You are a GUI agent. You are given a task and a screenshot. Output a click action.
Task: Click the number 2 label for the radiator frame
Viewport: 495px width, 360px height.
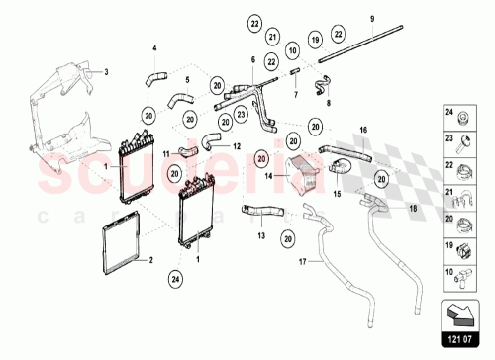point(150,261)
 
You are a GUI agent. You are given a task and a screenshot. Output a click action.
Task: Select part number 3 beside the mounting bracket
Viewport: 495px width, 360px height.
point(106,71)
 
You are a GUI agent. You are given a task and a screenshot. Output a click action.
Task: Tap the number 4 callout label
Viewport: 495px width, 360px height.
point(153,47)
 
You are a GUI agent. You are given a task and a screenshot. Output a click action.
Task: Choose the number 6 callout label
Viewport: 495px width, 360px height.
point(254,59)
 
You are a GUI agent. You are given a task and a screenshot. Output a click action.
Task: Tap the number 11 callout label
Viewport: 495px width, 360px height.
point(166,152)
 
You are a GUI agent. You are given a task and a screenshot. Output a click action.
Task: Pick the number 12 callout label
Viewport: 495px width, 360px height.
point(238,145)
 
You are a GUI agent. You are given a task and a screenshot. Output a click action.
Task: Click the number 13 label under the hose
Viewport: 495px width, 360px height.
point(261,236)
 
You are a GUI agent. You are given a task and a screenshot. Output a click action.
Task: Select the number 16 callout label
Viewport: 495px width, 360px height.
point(362,130)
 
